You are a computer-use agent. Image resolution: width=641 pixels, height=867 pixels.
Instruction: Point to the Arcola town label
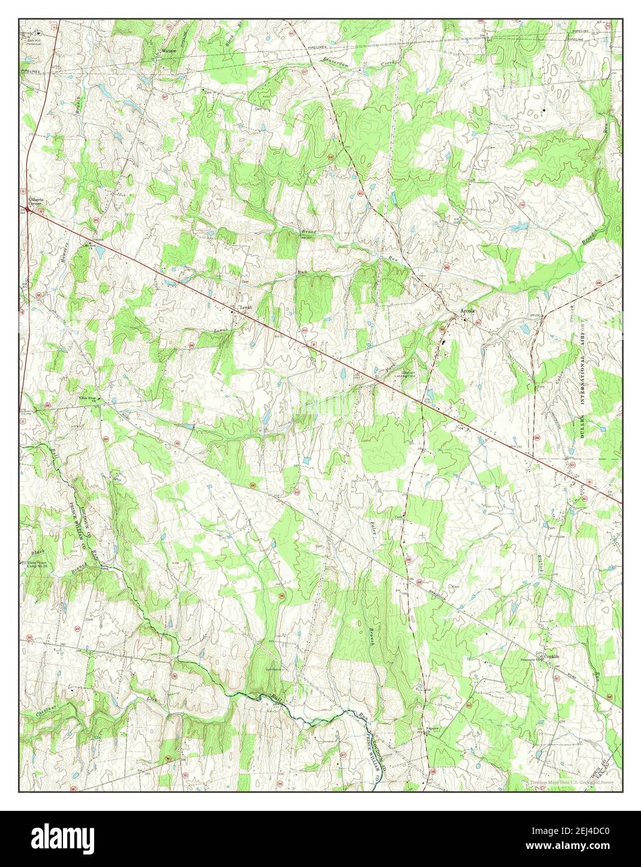(468, 311)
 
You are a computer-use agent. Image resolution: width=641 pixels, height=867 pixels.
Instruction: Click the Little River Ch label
(88, 398)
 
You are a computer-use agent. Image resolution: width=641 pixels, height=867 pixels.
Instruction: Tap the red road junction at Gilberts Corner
(27, 210)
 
